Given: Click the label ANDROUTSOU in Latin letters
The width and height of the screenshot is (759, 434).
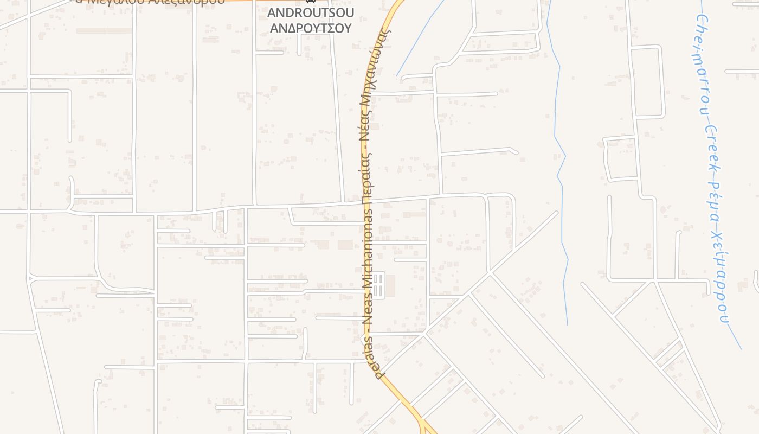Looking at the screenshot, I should tap(311, 12).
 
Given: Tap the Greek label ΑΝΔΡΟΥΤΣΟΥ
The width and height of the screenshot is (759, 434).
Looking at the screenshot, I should tap(311, 28).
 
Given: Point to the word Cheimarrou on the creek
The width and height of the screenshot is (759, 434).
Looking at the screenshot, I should tap(702, 66).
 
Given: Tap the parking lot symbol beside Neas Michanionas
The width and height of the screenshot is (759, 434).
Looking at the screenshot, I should tap(378, 285).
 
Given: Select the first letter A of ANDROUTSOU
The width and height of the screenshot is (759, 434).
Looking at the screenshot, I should tap(272, 12).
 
